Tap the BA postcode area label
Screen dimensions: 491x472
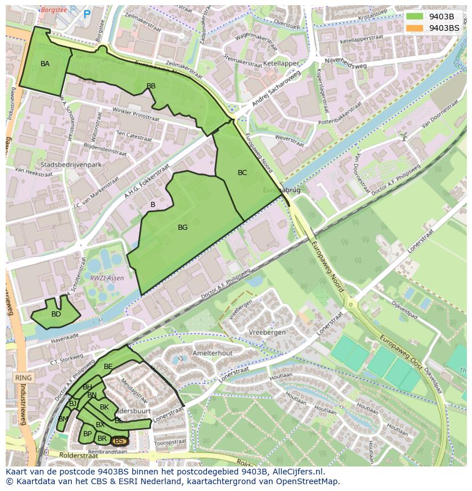click(x=45, y=64)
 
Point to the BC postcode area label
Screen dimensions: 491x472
click(x=242, y=173)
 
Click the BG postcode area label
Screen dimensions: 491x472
click(x=182, y=228)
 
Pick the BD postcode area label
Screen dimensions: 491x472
click(x=56, y=314)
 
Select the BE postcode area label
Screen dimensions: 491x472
click(x=108, y=367)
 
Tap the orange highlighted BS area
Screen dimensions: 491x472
click(x=119, y=441)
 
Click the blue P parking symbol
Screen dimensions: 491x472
click(x=87, y=14)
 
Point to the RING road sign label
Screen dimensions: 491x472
click(x=24, y=378)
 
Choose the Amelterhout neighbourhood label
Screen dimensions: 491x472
click(x=213, y=353)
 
